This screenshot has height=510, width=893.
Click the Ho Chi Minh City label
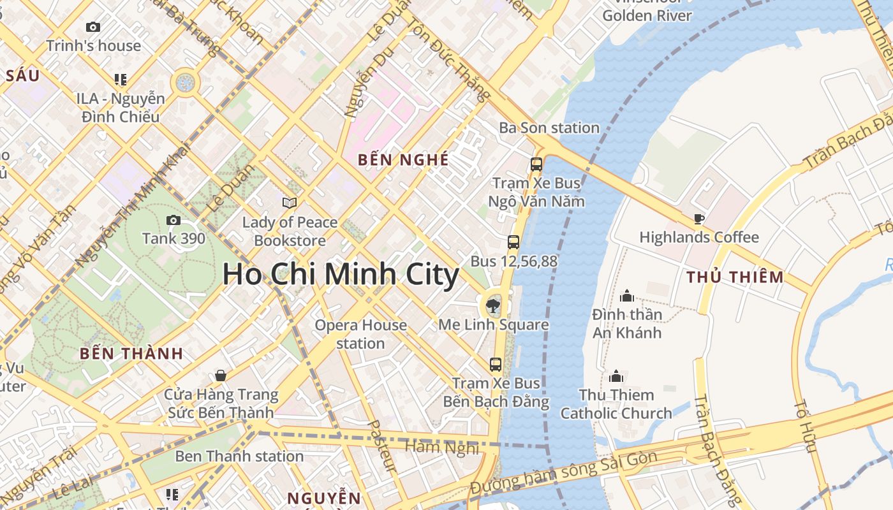341,275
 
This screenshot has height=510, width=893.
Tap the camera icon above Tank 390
173,221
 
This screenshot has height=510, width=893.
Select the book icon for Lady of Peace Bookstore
290,203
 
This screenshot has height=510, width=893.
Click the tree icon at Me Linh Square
493,306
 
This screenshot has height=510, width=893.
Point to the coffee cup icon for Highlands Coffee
699,219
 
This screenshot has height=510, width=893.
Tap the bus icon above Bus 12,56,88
513,242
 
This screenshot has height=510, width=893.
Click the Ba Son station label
549,127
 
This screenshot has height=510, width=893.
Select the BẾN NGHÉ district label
403,160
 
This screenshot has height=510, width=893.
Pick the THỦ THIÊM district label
735,277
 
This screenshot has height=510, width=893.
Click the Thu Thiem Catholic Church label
616,404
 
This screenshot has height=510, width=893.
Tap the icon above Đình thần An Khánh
626,296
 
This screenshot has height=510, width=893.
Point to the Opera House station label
360,334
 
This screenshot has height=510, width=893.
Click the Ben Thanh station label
239,456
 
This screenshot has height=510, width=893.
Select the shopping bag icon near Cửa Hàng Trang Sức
221,375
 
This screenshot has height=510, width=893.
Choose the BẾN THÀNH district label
131,354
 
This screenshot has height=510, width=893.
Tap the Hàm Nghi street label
442,448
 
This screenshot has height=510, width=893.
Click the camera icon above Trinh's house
93,27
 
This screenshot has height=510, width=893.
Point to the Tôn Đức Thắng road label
447,58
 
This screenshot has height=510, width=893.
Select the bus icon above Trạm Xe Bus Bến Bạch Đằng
496,365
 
